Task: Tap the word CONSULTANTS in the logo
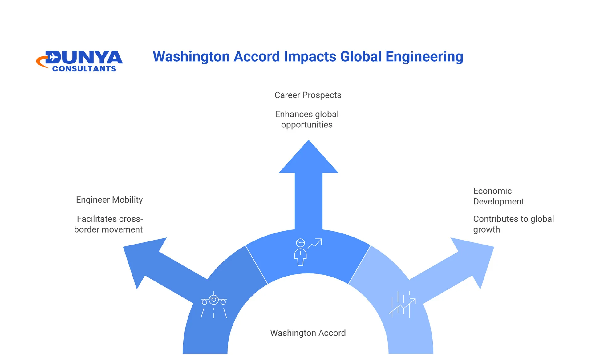click(84, 69)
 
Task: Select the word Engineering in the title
click(424, 57)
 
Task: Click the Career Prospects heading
click(308, 95)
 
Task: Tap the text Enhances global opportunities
click(307, 119)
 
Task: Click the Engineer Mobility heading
click(109, 200)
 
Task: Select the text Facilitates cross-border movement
click(108, 224)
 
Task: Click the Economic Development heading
click(499, 196)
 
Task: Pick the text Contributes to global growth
click(513, 224)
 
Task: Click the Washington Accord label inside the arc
click(308, 333)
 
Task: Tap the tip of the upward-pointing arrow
click(309, 140)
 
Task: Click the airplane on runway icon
click(214, 305)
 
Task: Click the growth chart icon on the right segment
click(402, 304)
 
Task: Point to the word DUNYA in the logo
click(84, 58)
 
